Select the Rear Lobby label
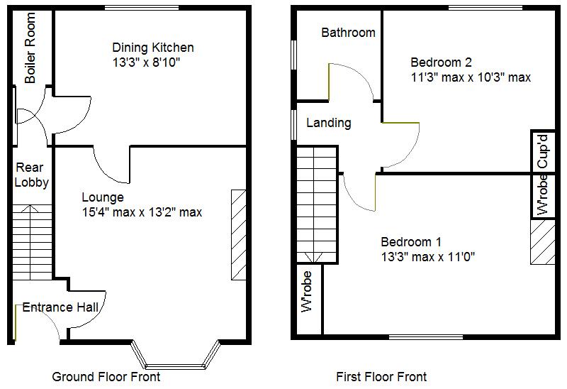click(32, 175)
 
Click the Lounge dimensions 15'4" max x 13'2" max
click(142, 212)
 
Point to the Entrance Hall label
click(60, 307)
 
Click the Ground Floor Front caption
click(106, 376)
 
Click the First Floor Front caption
click(381, 376)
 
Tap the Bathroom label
click(348, 33)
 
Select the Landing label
click(328, 123)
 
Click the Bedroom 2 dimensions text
click(471, 77)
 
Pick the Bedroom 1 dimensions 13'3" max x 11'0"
click(427, 256)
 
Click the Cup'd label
click(542, 150)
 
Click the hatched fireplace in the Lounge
click(238, 235)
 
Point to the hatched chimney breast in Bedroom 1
click(544, 242)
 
